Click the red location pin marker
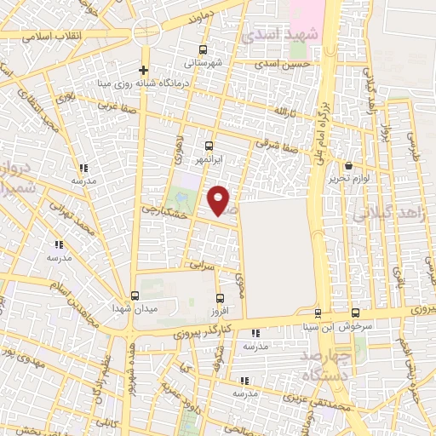(x=221, y=201)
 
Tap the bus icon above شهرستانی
(x=203, y=50)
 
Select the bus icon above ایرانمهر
(x=209, y=145)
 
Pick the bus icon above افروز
(x=221, y=298)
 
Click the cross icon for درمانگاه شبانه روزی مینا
(x=144, y=71)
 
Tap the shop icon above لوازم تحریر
(x=349, y=165)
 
